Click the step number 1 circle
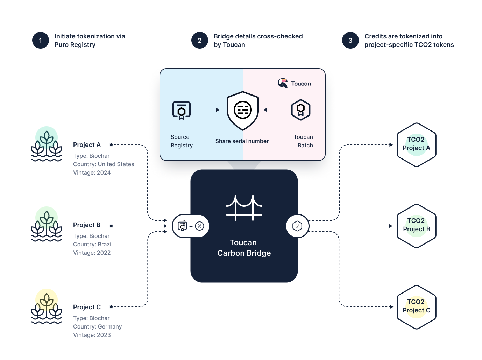[41, 40]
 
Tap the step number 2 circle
[200, 40]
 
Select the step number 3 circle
[350, 40]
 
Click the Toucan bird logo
[283, 83]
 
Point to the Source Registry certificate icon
[182, 110]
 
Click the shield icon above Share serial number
[243, 111]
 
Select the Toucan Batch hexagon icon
[301, 110]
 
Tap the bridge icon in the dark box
[244, 208]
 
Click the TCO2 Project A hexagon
[416, 144]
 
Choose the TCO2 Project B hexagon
[416, 226]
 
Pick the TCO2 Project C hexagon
[416, 307]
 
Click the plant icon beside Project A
[47, 144]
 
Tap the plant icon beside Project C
[47, 306]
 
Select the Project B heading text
[87, 225]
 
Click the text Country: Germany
[97, 326]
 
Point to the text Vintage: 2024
[92, 172]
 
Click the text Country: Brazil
[93, 244]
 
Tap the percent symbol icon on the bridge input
[199, 226]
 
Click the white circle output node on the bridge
[297, 226]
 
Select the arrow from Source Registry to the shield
[210, 110]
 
